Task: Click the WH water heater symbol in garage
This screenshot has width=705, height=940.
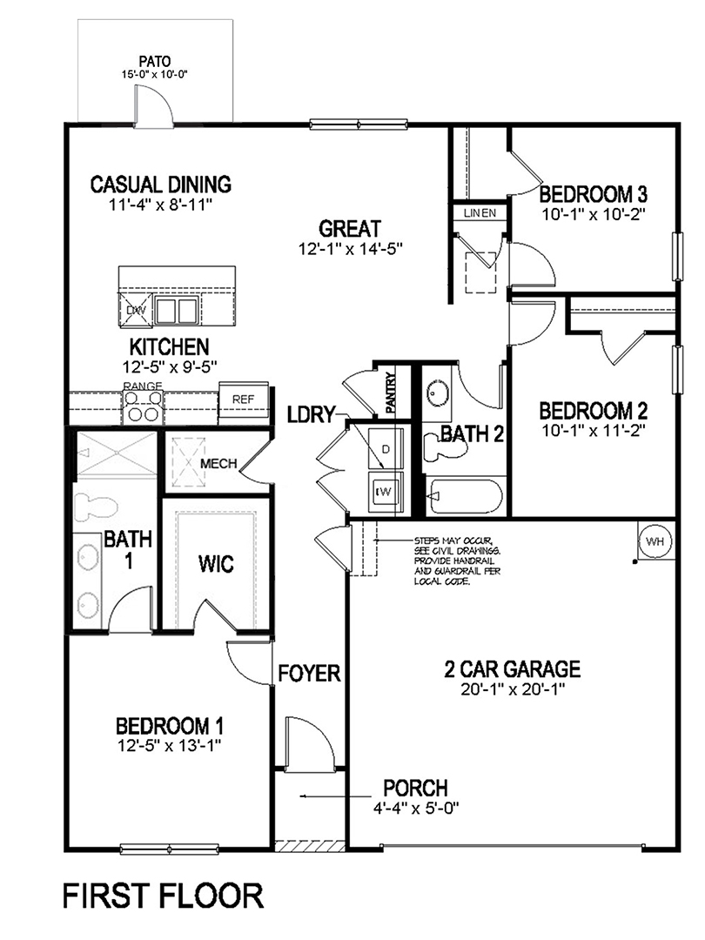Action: click(655, 540)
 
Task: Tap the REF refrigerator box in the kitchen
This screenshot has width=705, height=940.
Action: click(243, 399)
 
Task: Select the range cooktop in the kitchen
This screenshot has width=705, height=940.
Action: click(144, 405)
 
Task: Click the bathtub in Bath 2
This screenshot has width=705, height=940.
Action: click(465, 498)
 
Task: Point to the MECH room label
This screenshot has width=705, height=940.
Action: click(218, 463)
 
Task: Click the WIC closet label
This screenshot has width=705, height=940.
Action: click(215, 565)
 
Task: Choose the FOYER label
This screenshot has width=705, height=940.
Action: click(309, 673)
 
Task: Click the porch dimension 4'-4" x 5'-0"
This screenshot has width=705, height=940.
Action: click(414, 809)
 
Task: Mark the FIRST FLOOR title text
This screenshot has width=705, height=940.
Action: click(162, 896)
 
